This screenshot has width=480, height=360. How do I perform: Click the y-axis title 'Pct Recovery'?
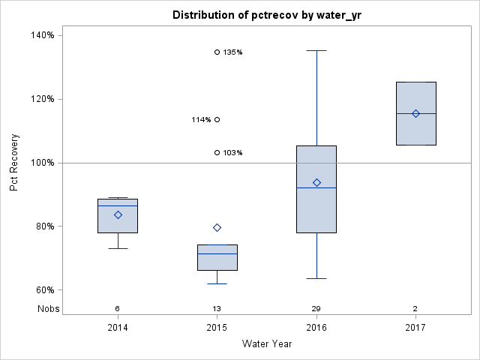(14, 163)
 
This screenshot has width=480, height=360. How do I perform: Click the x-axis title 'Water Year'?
(268, 344)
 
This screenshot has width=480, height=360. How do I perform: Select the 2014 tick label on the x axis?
(118, 328)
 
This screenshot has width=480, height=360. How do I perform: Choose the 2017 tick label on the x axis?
(415, 328)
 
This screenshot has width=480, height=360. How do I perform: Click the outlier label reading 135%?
(232, 52)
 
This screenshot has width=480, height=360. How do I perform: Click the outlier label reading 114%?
(201, 120)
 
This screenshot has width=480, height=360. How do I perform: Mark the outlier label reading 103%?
(232, 153)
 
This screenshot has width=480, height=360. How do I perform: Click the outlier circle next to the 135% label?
(217, 52)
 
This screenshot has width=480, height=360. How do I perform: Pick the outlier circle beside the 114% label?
(217, 119)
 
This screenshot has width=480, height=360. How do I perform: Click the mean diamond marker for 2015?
(217, 227)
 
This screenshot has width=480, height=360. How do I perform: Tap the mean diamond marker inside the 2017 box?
(415, 113)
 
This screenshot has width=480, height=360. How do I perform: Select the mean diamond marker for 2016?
(316, 182)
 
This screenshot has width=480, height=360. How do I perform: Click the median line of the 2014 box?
(118, 205)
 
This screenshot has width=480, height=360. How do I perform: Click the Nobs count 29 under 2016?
(316, 309)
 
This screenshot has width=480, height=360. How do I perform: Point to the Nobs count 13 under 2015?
(217, 309)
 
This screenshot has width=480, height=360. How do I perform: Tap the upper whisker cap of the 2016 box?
(316, 50)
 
